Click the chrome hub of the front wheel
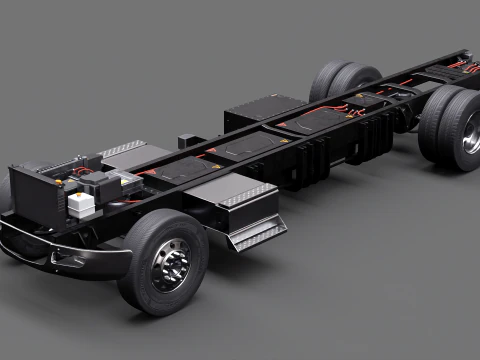coord(171,266)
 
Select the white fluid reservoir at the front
coord(81,204)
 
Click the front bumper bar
coord(60,254)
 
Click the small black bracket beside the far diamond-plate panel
coord(187,141)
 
